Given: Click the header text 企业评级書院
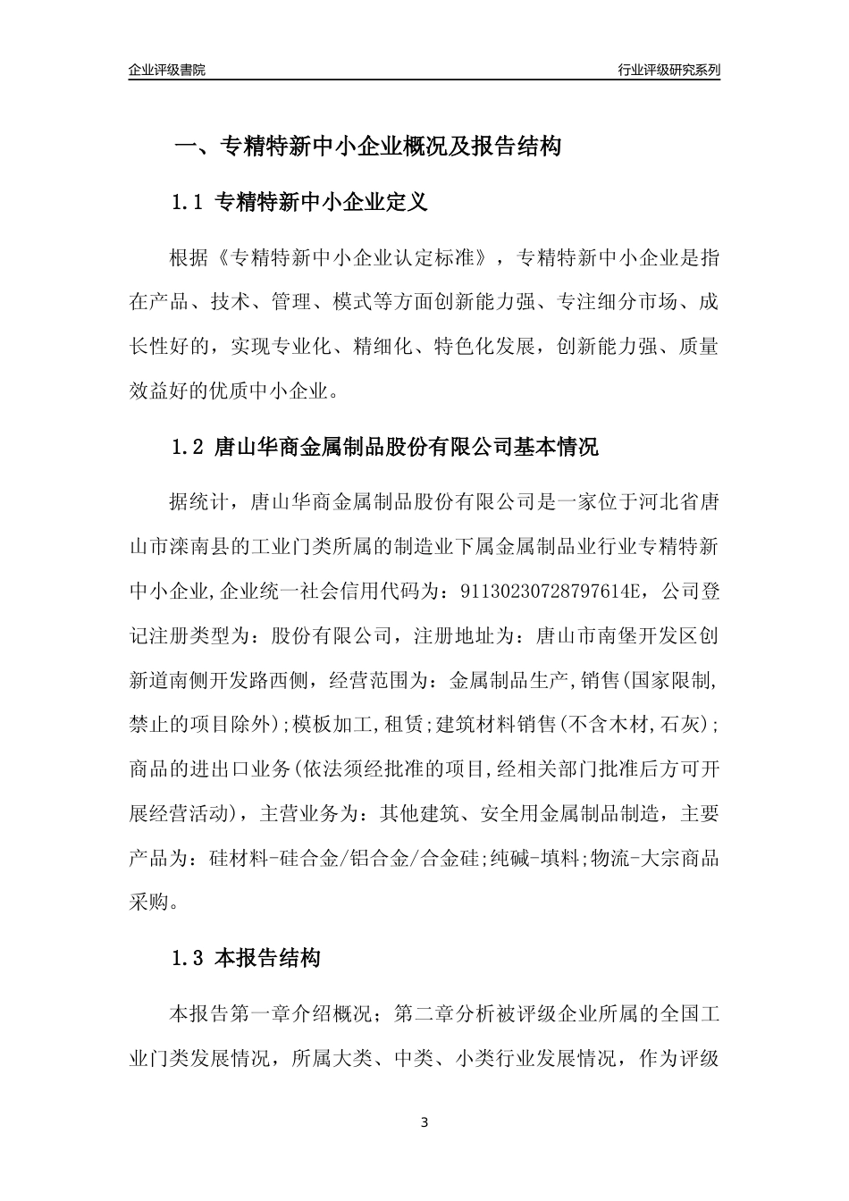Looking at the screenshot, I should (167, 70).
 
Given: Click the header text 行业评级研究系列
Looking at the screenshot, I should (668, 70).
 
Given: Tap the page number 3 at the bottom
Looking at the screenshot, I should (424, 1122).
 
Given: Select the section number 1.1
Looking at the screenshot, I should (189, 203).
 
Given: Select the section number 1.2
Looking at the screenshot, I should (189, 447).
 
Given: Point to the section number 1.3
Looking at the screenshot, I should (189, 960).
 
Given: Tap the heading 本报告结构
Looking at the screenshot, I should (268, 960).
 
